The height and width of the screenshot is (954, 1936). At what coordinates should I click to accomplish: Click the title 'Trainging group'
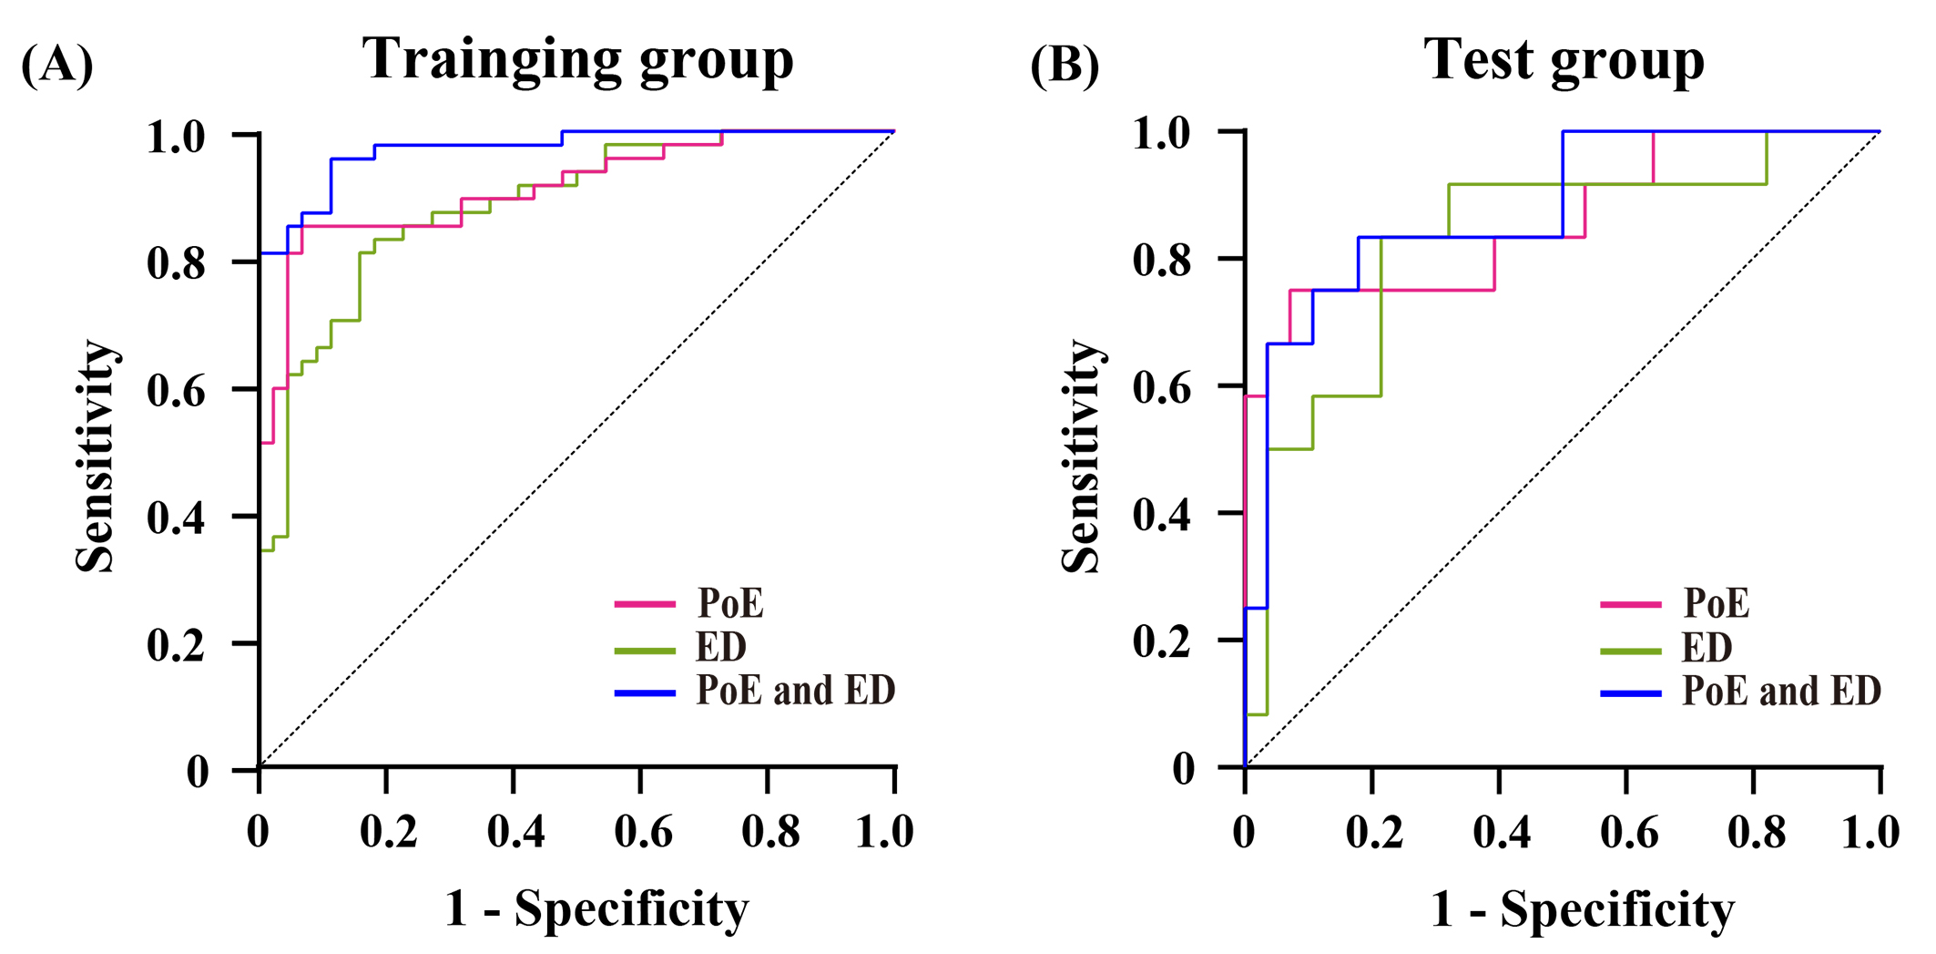pos(578,60)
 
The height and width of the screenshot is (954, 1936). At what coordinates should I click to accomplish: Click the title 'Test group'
pos(1564,60)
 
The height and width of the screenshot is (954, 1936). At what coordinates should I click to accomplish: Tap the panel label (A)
pos(56,66)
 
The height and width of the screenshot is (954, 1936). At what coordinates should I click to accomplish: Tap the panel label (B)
pos(1065,66)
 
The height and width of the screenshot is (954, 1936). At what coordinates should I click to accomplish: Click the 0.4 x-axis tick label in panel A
pos(515,831)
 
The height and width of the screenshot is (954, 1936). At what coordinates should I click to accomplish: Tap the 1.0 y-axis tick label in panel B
pos(1162,133)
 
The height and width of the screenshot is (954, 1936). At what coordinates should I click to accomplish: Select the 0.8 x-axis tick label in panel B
pos(1756,833)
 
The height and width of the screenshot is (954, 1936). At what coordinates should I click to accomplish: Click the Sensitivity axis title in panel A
pos(96,456)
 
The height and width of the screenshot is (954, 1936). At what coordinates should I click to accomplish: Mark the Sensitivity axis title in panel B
pos(1082,456)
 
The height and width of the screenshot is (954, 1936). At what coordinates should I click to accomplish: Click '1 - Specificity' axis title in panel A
pos(596,909)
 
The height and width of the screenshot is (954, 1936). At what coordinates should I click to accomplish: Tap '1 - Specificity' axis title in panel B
pos(1583,909)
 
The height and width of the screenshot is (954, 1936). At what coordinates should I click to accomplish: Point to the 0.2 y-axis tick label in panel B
pos(1162,641)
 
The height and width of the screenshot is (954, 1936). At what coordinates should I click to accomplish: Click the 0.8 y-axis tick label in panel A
pos(177,263)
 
